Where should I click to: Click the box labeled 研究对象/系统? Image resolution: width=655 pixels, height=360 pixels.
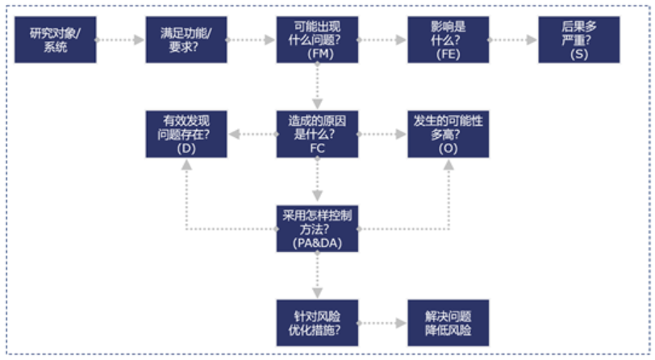coord(56,39)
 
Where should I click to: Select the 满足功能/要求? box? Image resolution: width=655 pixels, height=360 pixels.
coord(186,39)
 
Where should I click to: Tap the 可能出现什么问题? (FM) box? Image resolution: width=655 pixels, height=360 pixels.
coord(317,39)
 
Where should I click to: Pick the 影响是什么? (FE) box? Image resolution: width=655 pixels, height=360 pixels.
coord(448,39)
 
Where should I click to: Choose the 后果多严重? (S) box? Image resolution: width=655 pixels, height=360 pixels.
coord(578,39)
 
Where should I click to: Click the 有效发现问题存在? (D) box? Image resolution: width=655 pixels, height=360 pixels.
coord(186,134)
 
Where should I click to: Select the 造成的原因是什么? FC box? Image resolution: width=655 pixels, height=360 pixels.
coord(317,134)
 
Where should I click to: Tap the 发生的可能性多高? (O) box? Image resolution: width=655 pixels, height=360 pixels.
coord(448,134)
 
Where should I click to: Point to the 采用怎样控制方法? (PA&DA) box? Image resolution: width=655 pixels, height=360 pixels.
coord(317,228)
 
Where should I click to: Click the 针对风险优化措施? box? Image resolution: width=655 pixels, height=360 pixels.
coord(317,323)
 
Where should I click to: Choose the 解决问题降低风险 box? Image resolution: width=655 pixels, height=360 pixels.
coord(448,323)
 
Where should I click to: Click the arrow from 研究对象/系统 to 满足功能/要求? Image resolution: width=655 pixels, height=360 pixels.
coord(121,39)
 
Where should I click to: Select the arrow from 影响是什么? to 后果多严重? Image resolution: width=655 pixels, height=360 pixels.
coord(513,39)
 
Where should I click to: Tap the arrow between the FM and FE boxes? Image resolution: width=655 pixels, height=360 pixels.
coord(382,39)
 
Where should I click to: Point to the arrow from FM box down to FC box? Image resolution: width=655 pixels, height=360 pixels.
coord(317,86)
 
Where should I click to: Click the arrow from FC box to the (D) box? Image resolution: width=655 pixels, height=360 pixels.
coord(252,134)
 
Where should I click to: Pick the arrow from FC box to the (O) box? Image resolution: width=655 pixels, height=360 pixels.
coord(382,134)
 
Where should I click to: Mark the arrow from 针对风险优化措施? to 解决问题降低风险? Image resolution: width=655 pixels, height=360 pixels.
coord(382,323)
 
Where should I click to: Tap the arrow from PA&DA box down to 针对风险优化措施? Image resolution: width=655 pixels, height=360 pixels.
coord(317,275)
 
